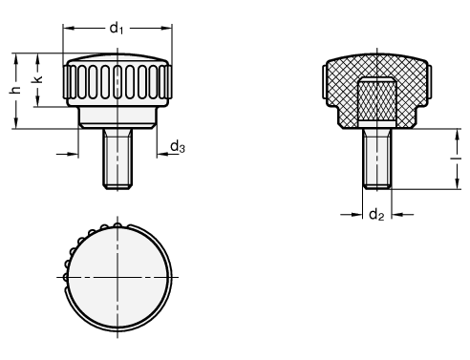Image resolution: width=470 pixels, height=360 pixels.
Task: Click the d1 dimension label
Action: tap(117, 28)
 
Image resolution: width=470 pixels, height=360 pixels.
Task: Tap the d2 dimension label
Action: tap(376, 215)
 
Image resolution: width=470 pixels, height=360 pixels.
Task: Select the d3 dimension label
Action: tap(178, 147)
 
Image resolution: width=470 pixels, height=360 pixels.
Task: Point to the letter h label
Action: tap(14, 90)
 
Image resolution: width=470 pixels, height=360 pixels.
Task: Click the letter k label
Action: tap(37, 79)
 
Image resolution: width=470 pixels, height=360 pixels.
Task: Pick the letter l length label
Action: tap(457, 159)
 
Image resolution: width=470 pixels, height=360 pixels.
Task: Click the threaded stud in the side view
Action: tap(117, 159)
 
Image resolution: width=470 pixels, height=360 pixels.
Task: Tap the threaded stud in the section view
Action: tap(377, 159)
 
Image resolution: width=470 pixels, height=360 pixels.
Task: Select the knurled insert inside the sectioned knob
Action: tap(377, 100)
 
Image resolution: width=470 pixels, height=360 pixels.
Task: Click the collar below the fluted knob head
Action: tap(117, 117)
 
